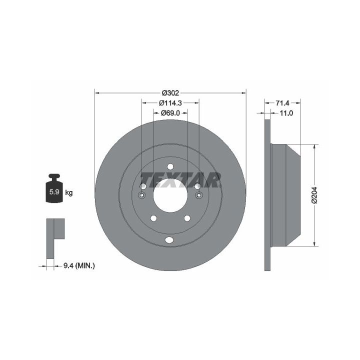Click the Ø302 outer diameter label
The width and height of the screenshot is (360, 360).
tap(170, 93)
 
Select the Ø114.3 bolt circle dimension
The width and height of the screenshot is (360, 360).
tap(170, 103)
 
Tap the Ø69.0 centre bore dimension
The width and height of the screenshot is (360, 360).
tap(170, 113)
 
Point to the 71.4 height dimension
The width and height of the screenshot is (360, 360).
tap(282, 103)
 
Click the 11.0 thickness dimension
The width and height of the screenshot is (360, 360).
tap(286, 113)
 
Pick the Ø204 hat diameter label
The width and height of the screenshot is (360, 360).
tap(314, 195)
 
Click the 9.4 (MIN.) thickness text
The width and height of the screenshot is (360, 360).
tap(79, 266)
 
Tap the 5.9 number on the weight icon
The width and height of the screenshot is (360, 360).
tap(54, 191)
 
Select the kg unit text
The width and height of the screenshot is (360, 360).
tap(69, 192)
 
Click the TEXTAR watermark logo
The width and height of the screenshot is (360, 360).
tap(180, 179)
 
